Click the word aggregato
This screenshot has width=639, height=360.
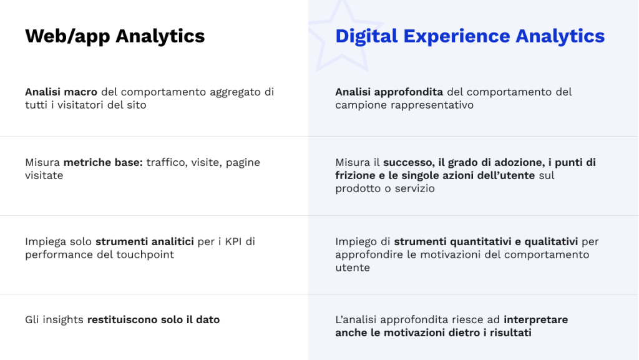(x=235, y=92)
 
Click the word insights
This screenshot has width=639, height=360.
(x=63, y=319)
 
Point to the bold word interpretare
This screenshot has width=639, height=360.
(x=536, y=319)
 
